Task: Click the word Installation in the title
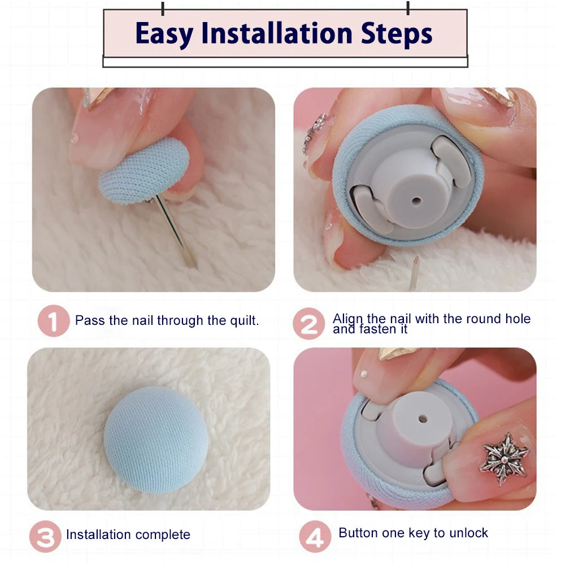[277, 33]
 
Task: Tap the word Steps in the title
[397, 34]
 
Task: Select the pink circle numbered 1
[53, 321]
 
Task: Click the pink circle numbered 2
[309, 324]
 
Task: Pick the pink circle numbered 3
[45, 537]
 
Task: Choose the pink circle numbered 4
[315, 537]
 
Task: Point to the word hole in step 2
[518, 319]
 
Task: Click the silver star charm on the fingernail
[504, 459]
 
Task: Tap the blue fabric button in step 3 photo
[156, 440]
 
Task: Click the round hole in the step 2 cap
[416, 201]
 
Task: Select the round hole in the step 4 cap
[423, 419]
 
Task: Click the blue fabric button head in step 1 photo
[144, 171]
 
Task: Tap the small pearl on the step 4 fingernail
[364, 375]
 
